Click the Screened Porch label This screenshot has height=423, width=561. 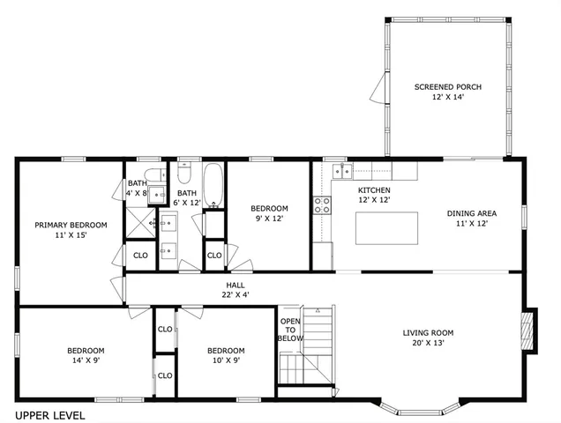click(447, 92)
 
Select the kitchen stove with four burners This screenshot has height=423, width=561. click(323, 205)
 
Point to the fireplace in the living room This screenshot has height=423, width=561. click(527, 331)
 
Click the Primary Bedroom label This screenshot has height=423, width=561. click(71, 230)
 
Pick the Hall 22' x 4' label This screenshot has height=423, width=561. click(236, 289)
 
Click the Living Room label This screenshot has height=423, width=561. click(428, 338)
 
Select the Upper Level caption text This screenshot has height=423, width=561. click(49, 414)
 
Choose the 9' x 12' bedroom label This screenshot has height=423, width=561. click(269, 213)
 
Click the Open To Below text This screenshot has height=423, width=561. click(290, 329)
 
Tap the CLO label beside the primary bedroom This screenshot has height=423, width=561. click(140, 256)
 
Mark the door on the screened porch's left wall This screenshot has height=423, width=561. click(380, 86)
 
